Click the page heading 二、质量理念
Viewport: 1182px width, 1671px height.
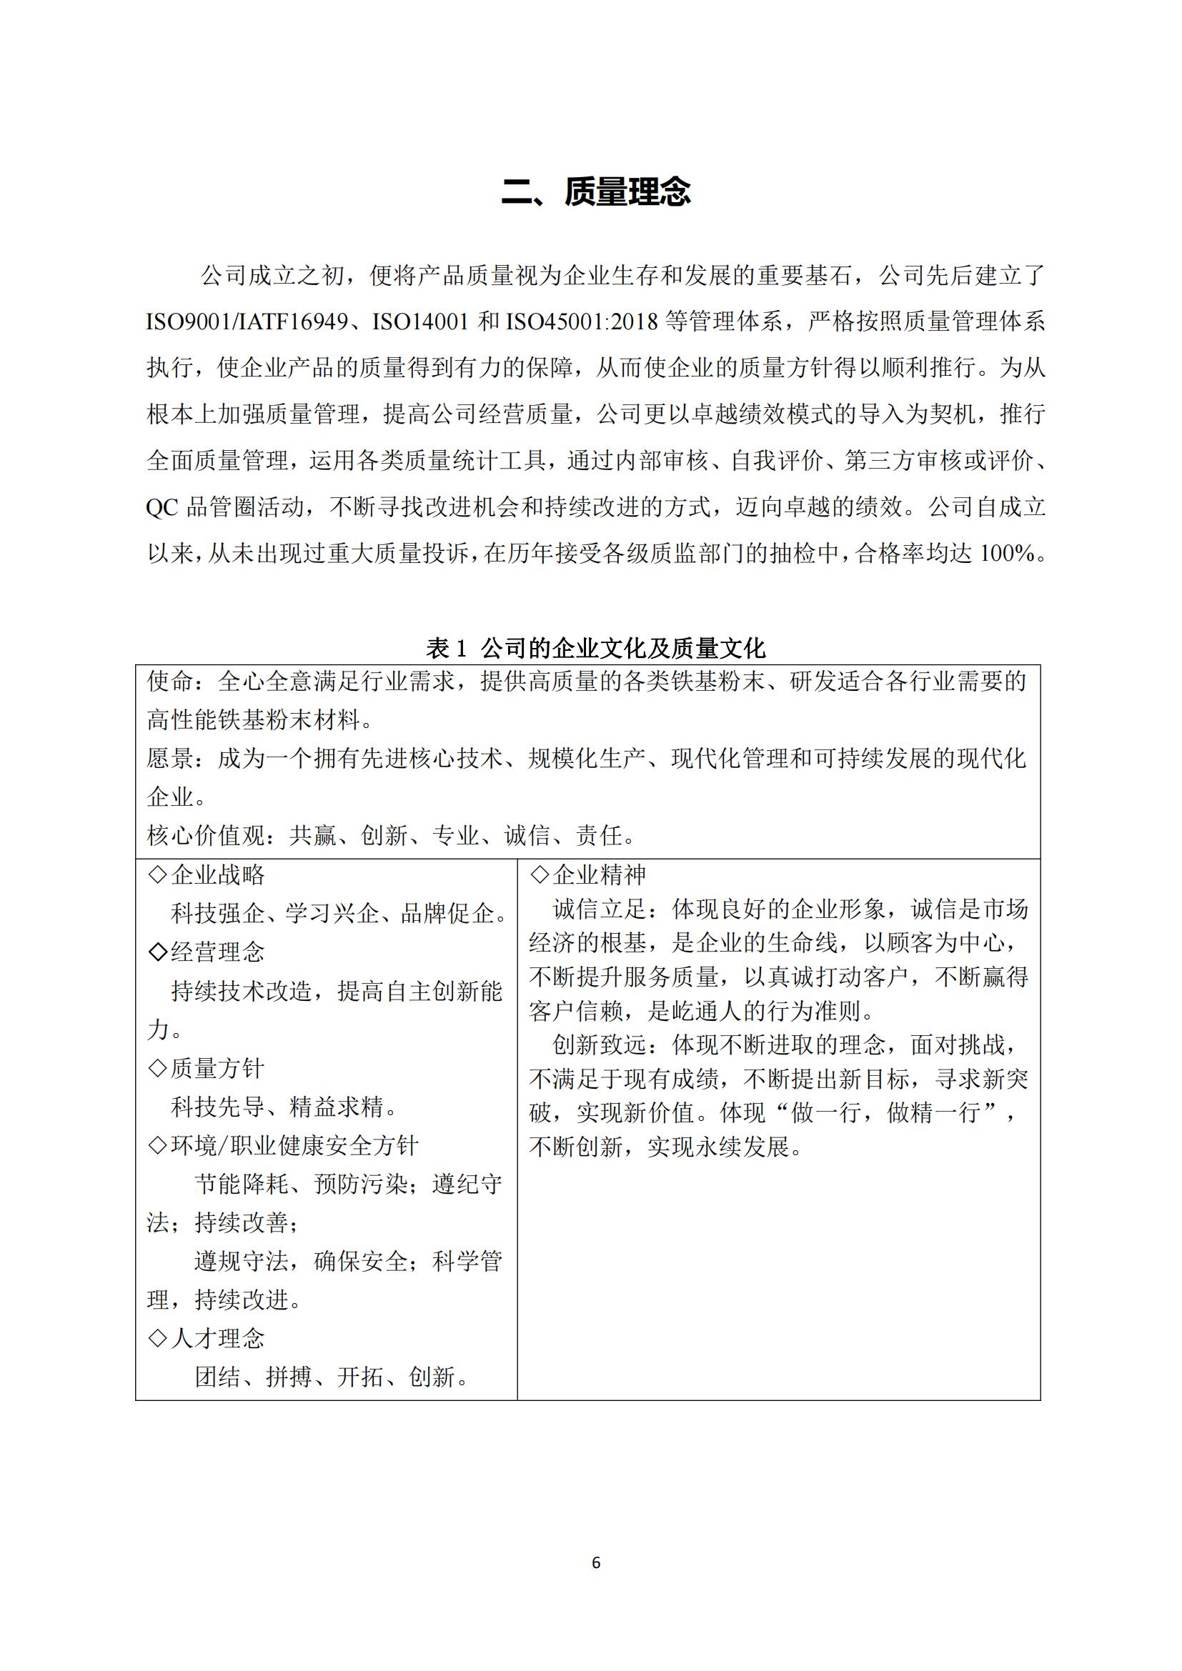[x=595, y=191]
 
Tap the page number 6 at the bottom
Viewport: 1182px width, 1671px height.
[x=596, y=1562]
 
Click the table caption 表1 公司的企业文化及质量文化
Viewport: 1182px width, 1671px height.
[x=595, y=647]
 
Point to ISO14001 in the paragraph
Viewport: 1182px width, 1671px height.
[x=420, y=321]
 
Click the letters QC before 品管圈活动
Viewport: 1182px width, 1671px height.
[x=162, y=507]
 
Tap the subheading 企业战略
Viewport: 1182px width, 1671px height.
[x=218, y=875]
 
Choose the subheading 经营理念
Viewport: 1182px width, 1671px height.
[x=218, y=952]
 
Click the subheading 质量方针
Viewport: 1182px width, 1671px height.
[x=218, y=1067]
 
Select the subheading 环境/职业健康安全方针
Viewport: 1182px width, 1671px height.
[x=294, y=1144]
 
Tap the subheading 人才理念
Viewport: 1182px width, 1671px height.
[x=218, y=1337]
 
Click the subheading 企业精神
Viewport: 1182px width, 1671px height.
[x=599, y=875]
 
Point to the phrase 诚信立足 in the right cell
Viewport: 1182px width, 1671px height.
[x=599, y=909]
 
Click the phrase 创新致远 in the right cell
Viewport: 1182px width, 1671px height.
[x=599, y=1045]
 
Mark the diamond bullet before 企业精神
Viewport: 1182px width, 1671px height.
[x=540, y=875]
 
